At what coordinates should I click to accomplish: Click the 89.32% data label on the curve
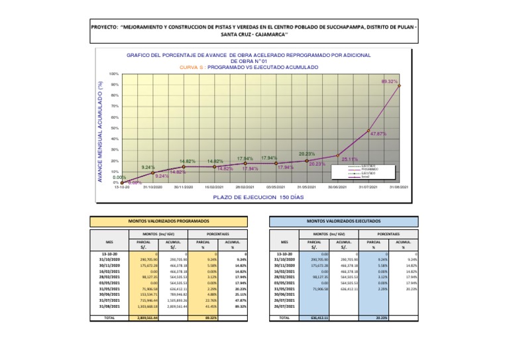[x=390, y=82]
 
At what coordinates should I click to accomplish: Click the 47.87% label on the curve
[x=378, y=134]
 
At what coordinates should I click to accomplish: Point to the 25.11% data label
[x=350, y=159]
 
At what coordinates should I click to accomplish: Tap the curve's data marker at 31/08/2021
[x=399, y=86]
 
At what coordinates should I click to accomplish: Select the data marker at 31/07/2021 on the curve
[x=368, y=131]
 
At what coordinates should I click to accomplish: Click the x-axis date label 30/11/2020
[x=183, y=188]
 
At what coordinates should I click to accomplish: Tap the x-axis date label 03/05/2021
[x=275, y=188]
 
